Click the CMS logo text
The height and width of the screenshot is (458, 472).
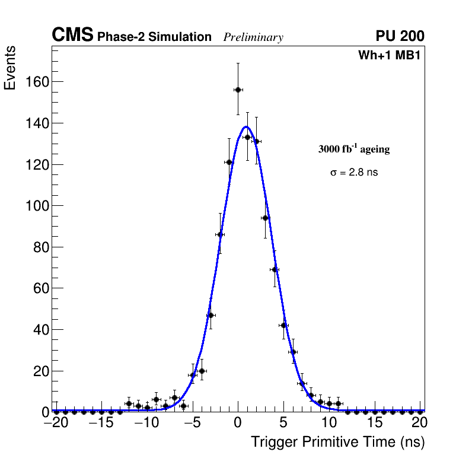pos(72,36)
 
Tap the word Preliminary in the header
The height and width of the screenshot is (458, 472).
pos(253,37)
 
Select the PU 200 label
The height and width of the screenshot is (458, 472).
pos(400,36)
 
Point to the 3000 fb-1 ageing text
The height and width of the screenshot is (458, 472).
pos(354,150)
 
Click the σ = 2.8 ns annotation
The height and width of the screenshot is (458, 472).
pos(354,173)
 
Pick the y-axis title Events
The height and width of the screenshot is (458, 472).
pos(10,68)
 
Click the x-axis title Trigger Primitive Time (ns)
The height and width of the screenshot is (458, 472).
pos(338,442)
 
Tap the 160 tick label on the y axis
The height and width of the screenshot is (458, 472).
pos(37,82)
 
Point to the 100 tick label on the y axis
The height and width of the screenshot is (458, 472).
pos(37,206)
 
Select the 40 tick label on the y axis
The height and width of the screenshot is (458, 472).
pos(40,330)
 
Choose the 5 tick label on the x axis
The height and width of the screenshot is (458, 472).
pos(283,424)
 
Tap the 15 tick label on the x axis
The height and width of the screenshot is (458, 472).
pos(374,424)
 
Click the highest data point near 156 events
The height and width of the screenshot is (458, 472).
pos(238,90)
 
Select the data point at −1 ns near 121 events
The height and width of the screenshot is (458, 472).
pos(229,162)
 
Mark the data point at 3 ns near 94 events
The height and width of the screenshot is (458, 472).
pos(265,218)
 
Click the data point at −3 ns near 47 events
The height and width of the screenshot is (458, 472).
pos(211,315)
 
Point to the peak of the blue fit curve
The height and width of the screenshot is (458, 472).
pos(246,126)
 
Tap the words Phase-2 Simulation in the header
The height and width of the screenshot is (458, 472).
pos(154,37)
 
